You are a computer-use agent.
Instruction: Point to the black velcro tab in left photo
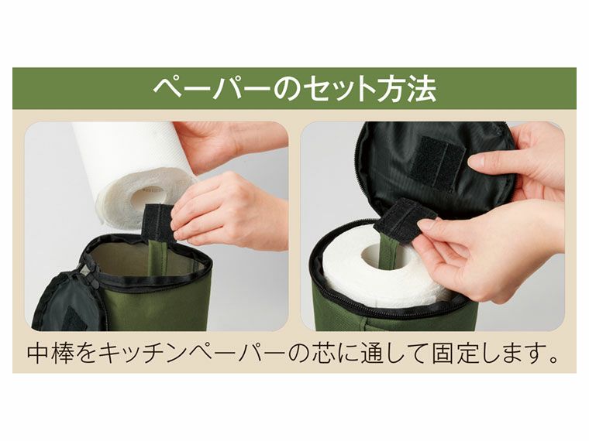pos(157,223)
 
